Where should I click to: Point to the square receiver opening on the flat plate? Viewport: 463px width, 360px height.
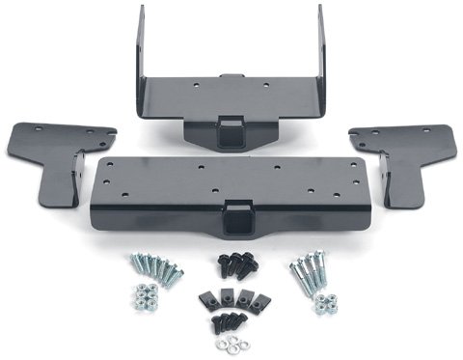pyautogui.click(x=235, y=212)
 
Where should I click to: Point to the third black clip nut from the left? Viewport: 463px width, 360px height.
pyautogui.click(x=245, y=299)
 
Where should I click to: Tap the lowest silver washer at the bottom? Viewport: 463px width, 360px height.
pyautogui.click(x=232, y=346)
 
